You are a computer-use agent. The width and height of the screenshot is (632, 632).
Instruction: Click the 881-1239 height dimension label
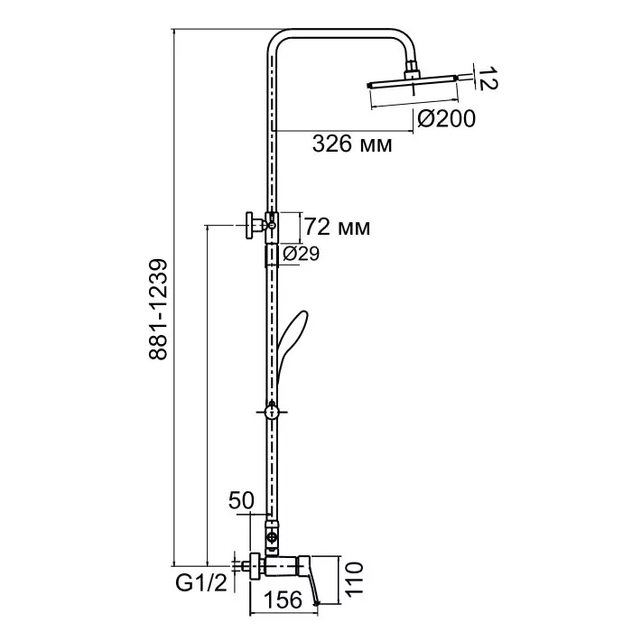point(158,309)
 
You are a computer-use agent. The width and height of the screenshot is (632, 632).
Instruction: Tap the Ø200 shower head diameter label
point(447,119)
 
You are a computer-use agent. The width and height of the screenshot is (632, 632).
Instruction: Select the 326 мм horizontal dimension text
point(352,144)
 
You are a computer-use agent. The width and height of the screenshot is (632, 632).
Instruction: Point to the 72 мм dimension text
point(337,227)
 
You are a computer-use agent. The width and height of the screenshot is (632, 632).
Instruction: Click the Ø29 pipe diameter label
point(301,254)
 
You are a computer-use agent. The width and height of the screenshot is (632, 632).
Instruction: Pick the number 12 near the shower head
point(488,79)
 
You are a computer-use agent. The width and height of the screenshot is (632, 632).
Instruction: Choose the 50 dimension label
point(241,500)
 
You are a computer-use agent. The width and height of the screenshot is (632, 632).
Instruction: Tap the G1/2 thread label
point(201,583)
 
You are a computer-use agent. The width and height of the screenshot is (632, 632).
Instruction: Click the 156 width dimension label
point(283,599)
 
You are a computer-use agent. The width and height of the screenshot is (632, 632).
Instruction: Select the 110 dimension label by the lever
point(354,579)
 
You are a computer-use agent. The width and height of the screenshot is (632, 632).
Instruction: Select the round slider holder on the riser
point(272,412)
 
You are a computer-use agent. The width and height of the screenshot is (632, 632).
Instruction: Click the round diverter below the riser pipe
point(273,537)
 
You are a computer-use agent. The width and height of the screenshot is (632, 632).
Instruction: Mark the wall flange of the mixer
point(255,567)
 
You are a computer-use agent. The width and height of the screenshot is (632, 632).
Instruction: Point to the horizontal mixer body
point(282,567)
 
